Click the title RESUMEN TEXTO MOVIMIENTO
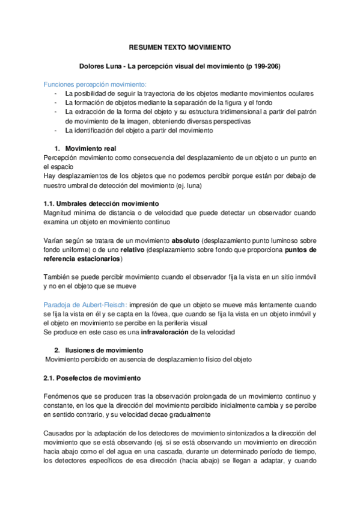pos(180,47)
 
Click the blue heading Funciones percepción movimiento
pos(95,84)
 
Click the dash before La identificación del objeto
pos(56,131)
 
